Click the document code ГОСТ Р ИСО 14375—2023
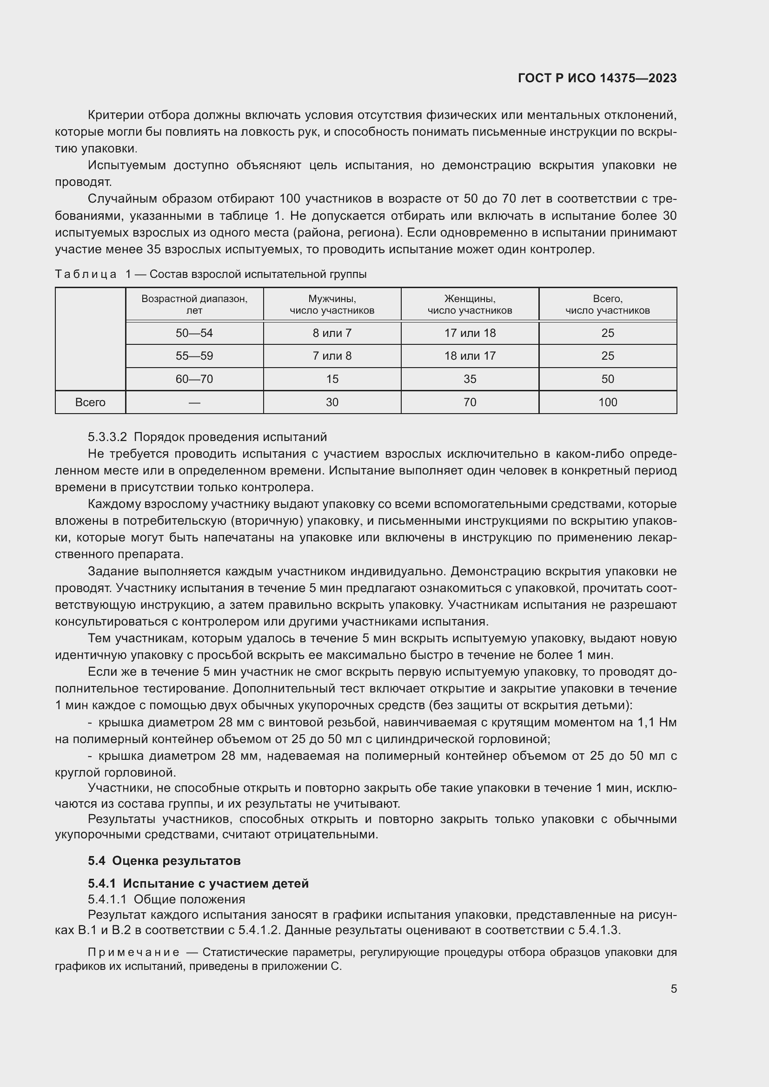tap(597, 78)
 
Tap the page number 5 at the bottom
tap(673, 988)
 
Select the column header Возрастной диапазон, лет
tap(194, 304)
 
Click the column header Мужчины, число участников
tap(332, 304)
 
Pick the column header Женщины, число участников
tap(470, 304)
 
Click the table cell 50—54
tap(194, 333)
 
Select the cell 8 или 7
tap(332, 333)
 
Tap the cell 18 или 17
tap(470, 356)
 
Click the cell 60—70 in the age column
tap(194, 379)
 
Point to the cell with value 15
tap(332, 379)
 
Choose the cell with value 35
tap(470, 379)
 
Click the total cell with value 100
tap(608, 402)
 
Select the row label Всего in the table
tap(90, 402)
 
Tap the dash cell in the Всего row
tap(194, 402)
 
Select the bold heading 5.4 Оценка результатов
tap(164, 861)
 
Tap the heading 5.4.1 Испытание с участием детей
tap(198, 883)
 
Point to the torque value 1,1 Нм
tap(657, 723)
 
